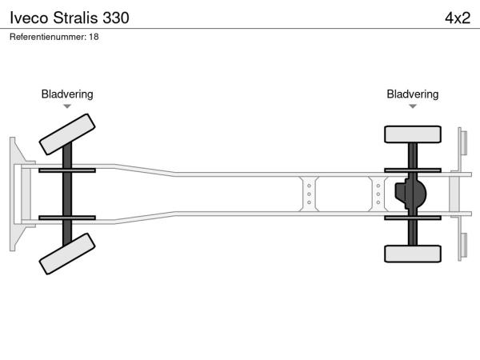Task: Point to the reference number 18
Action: (94, 37)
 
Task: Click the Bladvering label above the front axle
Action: (67, 94)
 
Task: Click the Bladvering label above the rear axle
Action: (413, 94)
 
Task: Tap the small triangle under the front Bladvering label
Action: (67, 106)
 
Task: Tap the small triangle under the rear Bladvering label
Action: (413, 106)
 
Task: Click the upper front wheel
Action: (67, 134)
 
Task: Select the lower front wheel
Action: (67, 254)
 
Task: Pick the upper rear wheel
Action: (413, 134)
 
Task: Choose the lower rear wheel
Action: (413, 254)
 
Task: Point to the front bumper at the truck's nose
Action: (15, 193)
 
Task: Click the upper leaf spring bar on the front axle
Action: (67, 170)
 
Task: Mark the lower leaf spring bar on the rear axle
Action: (413, 217)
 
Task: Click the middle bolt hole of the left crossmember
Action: (309, 193)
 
